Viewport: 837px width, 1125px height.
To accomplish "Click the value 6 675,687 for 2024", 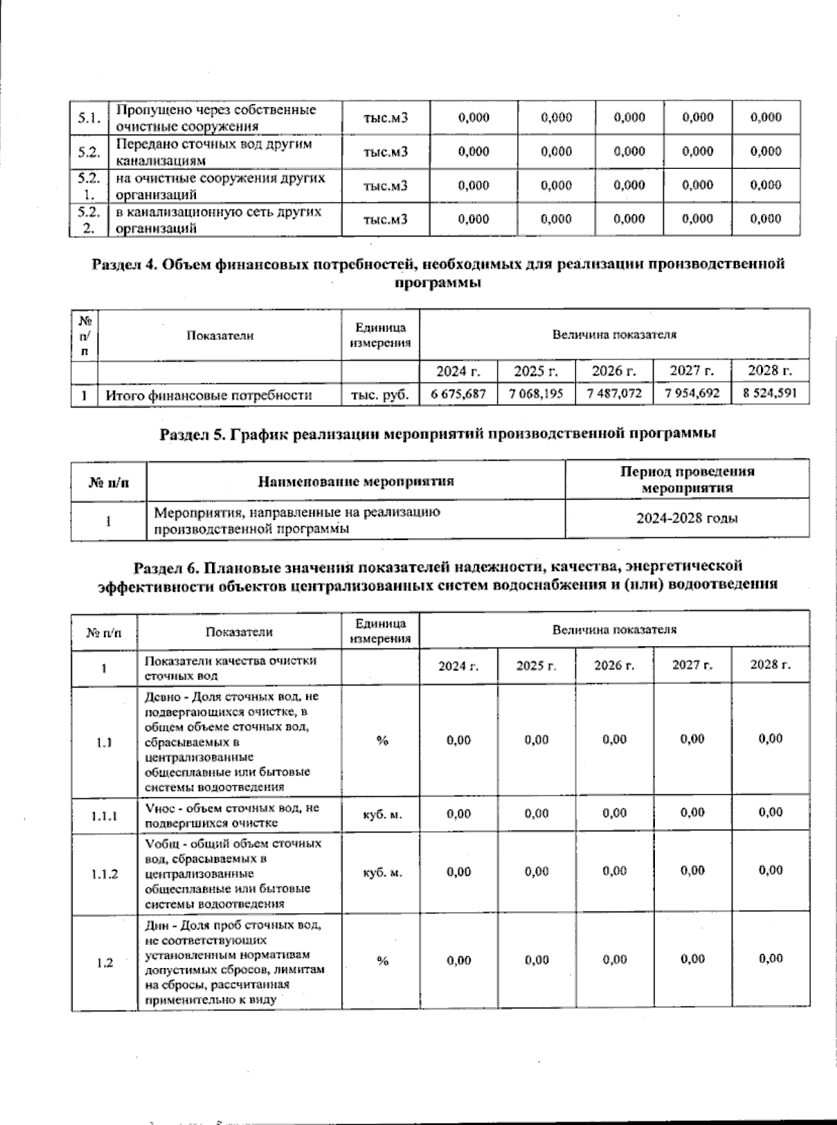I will tap(458, 394).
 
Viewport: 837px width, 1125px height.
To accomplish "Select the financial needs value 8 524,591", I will tap(769, 393).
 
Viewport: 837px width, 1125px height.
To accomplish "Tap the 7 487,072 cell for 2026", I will tap(614, 394).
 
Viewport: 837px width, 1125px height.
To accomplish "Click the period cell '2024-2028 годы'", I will tap(687, 519).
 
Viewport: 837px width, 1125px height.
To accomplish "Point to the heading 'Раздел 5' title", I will tap(438, 434).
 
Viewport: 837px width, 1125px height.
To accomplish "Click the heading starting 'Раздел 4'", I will tap(438, 273).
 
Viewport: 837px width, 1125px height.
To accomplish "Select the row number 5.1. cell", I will tap(89, 118).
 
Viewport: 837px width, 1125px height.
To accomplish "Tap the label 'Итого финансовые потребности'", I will tap(208, 396).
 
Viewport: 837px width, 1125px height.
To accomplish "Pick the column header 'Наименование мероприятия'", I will tap(356, 481).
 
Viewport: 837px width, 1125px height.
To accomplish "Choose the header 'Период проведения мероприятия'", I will tap(687, 479).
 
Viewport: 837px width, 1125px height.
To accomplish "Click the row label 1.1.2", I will tap(105, 874).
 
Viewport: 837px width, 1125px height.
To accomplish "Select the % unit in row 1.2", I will tap(382, 961).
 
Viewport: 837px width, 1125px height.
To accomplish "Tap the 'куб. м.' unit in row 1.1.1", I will tap(382, 814).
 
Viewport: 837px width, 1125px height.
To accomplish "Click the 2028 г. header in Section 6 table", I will tap(770, 665).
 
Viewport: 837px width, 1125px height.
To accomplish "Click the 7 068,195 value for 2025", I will tap(536, 394).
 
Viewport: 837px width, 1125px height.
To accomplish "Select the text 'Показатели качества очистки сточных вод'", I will tap(231, 668).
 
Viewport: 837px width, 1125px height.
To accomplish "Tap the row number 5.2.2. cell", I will tap(89, 219).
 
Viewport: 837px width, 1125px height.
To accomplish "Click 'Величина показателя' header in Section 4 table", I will tap(614, 335).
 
